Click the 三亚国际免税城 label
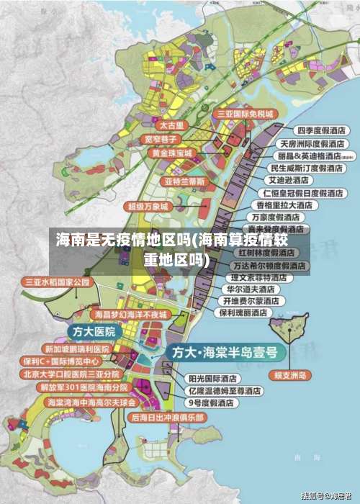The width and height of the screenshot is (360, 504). (x=246, y=114)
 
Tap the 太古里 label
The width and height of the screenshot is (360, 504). (x=171, y=125)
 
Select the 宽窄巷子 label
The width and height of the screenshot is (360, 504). (x=161, y=139)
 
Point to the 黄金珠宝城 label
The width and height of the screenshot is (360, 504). (x=171, y=153)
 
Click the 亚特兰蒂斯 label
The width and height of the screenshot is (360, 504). (x=185, y=181)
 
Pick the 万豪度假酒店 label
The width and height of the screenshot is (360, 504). (x=275, y=217)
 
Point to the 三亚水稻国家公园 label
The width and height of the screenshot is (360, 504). (x=58, y=282)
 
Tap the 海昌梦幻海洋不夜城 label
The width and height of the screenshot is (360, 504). (x=130, y=315)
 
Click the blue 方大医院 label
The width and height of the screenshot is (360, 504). (x=95, y=331)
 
